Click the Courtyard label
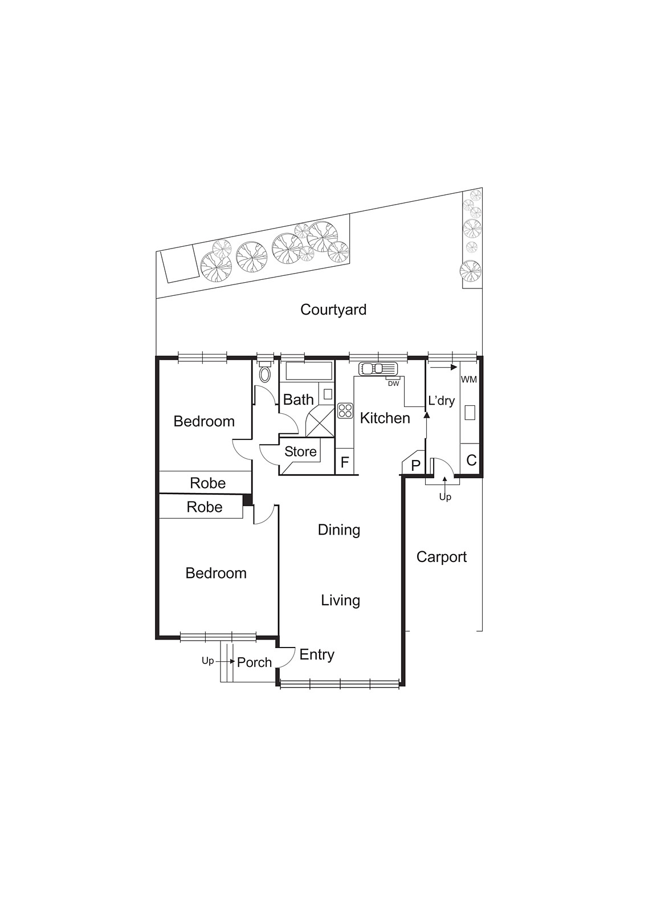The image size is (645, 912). point(333,310)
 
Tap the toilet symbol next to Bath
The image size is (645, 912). point(265,374)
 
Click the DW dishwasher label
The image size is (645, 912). point(393,384)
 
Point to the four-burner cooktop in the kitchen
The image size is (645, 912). point(345,410)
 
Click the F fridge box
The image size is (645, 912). point(344,462)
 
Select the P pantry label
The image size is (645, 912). point(415,465)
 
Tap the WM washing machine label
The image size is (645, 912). point(468,380)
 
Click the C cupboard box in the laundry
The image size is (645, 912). point(471,460)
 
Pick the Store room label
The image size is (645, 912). point(300,451)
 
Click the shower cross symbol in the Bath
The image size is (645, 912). point(320,422)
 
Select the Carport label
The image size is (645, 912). point(441,557)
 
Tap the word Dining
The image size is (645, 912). point(339,530)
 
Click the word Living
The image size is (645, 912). point(340,600)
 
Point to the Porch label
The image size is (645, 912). point(254,662)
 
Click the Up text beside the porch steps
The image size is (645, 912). point(207,661)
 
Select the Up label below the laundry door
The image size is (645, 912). point(445,497)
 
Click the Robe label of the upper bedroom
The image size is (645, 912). point(207,483)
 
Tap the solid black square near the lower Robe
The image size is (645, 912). point(247,500)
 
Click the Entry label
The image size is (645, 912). point(317,654)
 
